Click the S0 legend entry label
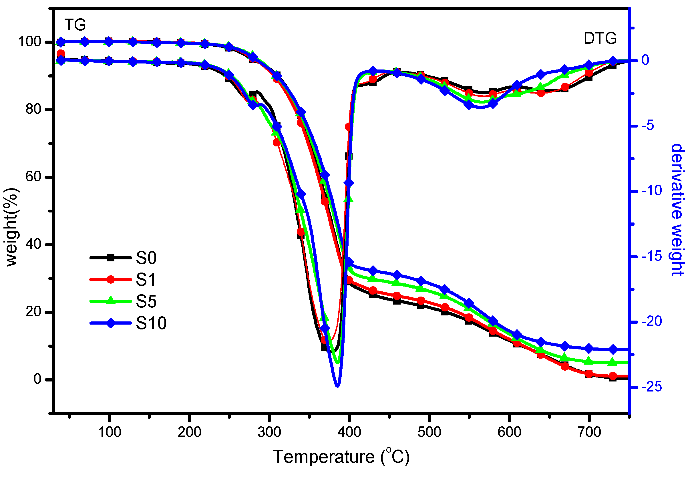(x=146, y=258)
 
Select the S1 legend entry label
(x=146, y=280)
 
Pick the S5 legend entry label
(x=146, y=302)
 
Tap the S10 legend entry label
(x=151, y=323)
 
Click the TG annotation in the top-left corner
(x=75, y=25)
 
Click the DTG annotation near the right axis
(x=600, y=39)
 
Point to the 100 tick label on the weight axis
(x=29, y=41)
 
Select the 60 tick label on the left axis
(x=33, y=177)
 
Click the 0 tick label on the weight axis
(x=37, y=379)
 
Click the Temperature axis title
(x=341, y=457)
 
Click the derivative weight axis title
(x=678, y=210)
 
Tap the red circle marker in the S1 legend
(x=111, y=280)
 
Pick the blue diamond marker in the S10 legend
(x=111, y=323)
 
